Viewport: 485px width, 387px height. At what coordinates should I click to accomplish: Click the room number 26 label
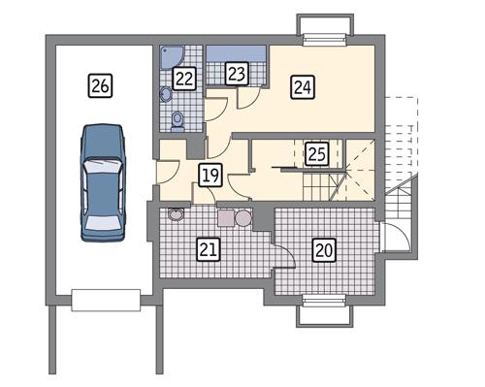tap(100, 84)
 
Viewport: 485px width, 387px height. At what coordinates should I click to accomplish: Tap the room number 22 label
tap(184, 79)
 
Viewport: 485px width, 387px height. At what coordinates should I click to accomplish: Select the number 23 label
tap(237, 73)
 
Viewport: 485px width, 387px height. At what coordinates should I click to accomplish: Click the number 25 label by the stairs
tap(315, 153)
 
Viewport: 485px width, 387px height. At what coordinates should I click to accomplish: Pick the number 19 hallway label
tap(210, 176)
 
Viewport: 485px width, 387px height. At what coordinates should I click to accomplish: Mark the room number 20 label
tap(324, 249)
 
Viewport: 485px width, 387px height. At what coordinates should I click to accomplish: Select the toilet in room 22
tap(178, 120)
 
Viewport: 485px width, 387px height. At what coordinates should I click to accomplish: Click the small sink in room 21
tap(177, 214)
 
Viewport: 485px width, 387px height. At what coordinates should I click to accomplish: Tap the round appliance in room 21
tap(243, 219)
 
